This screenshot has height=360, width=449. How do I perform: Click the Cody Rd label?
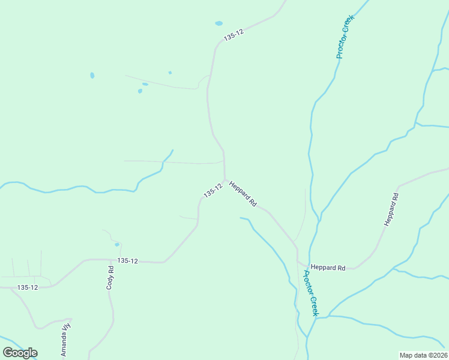[110, 278]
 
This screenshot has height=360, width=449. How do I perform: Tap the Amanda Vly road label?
[65, 339]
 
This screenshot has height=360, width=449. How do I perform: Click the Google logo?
[20, 353]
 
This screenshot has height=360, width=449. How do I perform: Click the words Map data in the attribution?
[412, 355]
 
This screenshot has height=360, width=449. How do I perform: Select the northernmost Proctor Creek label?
[346, 37]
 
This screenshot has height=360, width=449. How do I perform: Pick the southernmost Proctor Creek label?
[310, 293]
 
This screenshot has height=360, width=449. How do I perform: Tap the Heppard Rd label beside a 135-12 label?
[243, 194]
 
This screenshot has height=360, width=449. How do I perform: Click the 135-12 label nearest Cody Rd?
[128, 261]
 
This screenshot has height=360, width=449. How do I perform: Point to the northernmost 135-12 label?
[233, 37]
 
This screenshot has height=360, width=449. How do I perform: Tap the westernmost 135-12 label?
[28, 287]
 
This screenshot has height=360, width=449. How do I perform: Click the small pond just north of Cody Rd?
[117, 244]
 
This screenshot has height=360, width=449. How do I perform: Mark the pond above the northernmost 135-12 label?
[218, 23]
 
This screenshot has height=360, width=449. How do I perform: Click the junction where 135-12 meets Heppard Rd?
[226, 180]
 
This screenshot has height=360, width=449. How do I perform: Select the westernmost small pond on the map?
[92, 76]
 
